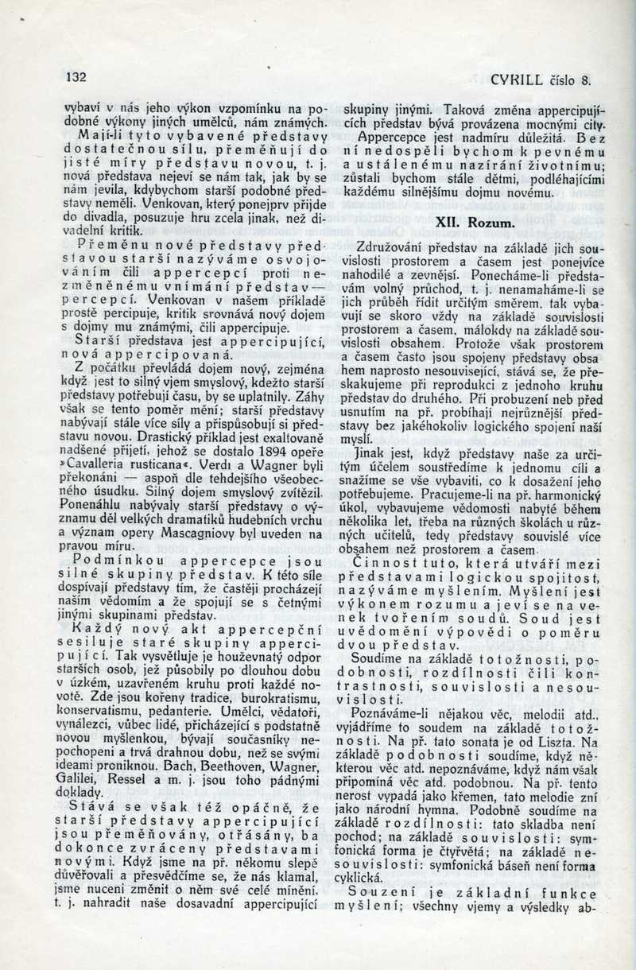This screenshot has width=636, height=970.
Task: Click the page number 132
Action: coord(76,78)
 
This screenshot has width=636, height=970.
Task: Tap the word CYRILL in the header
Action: coord(516,80)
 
